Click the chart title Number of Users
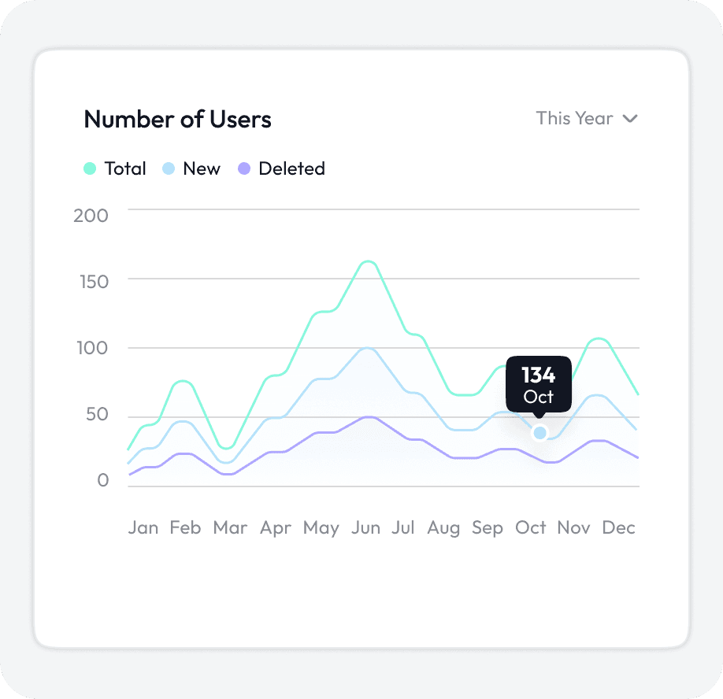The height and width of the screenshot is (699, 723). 177,120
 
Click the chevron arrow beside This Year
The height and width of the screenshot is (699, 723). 629,119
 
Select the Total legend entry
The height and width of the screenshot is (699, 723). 115,168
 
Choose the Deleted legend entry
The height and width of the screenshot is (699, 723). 282,168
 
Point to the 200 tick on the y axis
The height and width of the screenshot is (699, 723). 91,215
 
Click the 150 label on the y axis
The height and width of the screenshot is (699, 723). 91,281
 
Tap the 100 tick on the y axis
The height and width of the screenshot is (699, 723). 91,349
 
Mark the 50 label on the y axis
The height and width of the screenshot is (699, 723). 93,416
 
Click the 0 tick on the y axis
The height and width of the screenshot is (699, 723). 102,481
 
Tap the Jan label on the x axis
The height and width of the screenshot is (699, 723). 143,527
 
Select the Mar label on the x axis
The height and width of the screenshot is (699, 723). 230,527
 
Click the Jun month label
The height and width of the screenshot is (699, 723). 365,527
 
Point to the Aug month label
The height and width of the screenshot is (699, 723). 443,527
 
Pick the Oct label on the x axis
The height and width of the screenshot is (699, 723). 531,527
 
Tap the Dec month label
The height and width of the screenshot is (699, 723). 618,527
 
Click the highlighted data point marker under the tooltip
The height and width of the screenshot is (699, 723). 539,432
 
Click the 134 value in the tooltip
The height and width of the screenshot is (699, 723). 539,375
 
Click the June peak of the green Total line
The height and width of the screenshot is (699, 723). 368,261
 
